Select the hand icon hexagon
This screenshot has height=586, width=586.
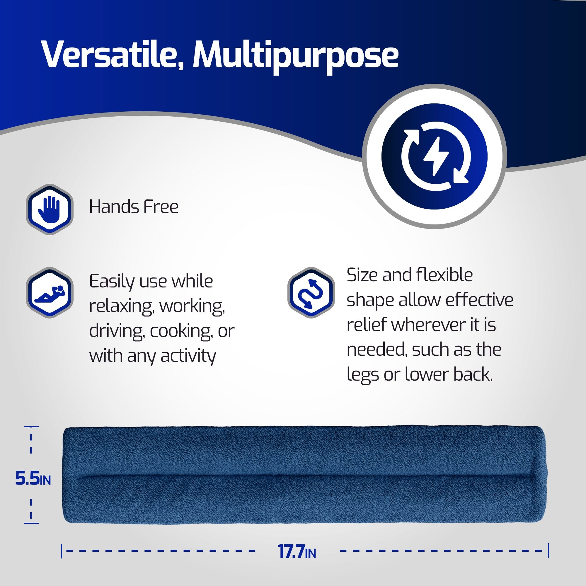(50, 209)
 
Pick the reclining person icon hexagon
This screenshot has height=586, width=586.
(50, 293)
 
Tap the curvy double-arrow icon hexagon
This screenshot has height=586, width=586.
(311, 293)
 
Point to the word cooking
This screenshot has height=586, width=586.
(181, 331)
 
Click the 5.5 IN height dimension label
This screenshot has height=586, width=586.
(33, 479)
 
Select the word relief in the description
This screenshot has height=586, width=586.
(366, 325)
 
